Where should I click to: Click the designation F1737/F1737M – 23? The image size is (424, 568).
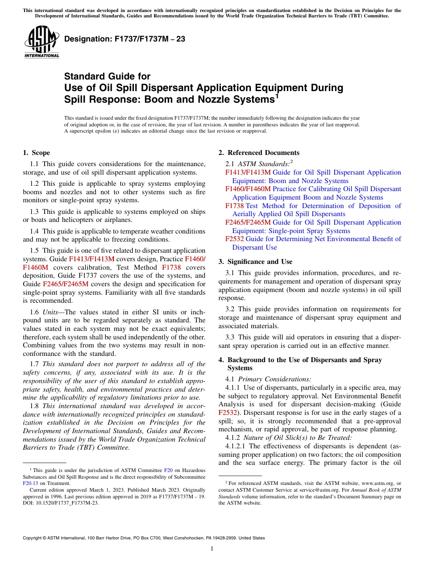125,39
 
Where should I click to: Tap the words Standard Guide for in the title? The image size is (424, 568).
107,76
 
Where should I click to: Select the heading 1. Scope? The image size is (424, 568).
36,153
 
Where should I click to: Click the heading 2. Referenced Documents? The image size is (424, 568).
259,153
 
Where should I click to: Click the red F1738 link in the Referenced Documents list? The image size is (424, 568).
234,206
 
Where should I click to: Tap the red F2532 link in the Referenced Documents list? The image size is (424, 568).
234,239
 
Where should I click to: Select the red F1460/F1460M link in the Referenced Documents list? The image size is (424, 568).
248,189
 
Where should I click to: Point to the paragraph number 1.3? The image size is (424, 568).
34,212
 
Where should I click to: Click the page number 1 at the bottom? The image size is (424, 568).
212,548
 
